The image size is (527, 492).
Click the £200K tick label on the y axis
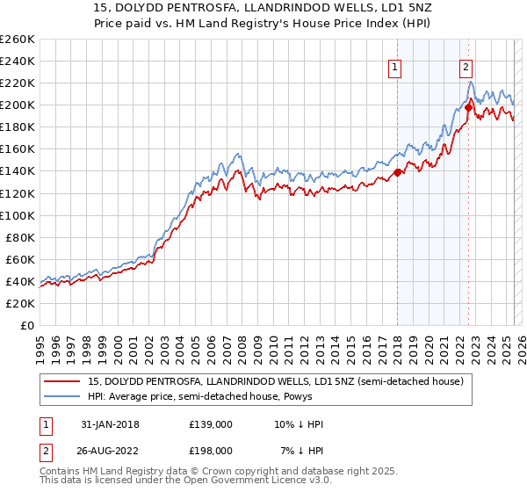coord(17,105)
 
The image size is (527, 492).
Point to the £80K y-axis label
coord(19,237)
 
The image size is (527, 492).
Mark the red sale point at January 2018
coord(397,172)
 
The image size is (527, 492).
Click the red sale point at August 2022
coord(468,107)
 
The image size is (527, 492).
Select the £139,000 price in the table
coord(211,424)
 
